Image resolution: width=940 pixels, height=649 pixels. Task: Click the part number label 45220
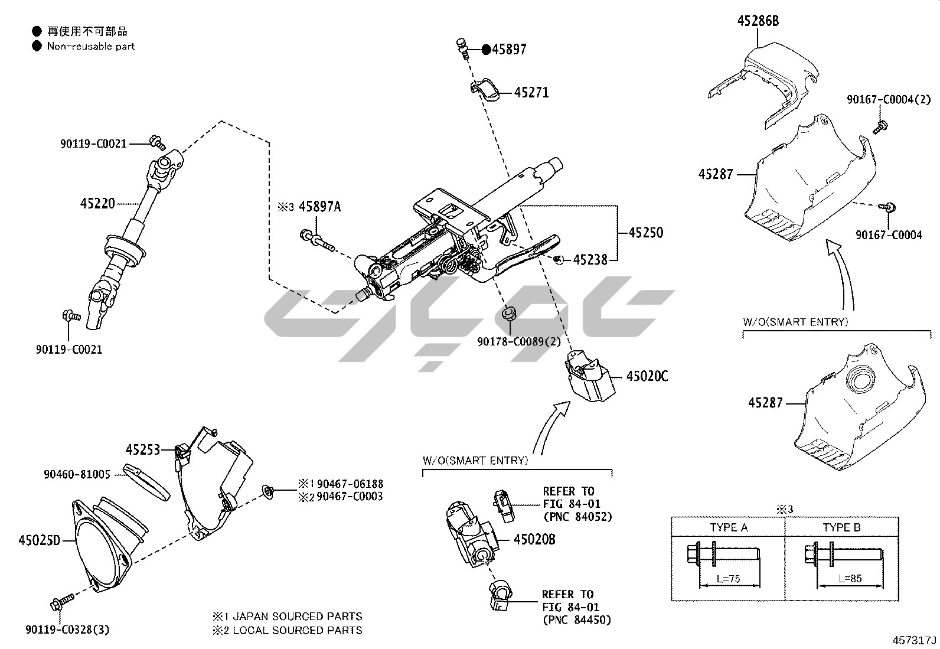click(x=97, y=204)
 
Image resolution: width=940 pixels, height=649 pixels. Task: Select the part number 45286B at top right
click(x=758, y=21)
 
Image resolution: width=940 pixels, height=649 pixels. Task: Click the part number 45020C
click(x=647, y=376)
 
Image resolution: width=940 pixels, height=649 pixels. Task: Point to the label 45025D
click(x=40, y=540)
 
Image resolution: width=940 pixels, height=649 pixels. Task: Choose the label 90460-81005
click(x=77, y=474)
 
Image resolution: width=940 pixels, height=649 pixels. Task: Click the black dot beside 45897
click(x=486, y=50)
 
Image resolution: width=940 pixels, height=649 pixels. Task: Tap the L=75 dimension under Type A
click(x=728, y=579)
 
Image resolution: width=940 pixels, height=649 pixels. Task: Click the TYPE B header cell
click(x=841, y=527)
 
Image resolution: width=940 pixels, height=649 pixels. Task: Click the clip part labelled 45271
click(x=485, y=89)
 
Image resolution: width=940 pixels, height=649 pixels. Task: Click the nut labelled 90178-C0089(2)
click(x=508, y=313)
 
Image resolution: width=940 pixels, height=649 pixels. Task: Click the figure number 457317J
click(x=915, y=641)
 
